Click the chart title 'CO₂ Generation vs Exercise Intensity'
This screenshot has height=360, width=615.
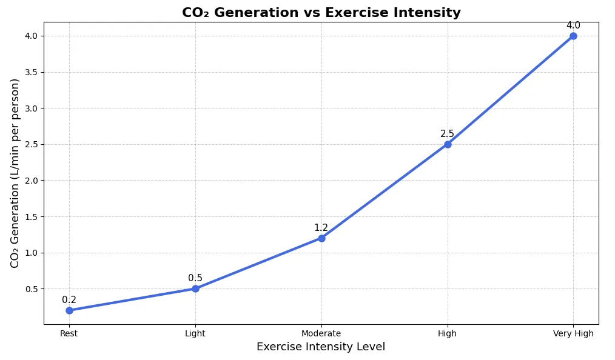click(x=321, y=13)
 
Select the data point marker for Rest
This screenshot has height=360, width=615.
click(x=69, y=310)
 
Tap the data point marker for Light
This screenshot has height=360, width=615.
click(x=195, y=288)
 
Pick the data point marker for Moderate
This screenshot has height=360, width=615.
click(x=321, y=238)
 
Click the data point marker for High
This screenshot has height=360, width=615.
click(x=448, y=144)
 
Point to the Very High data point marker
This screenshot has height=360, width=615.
click(x=573, y=36)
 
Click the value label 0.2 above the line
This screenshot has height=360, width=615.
click(x=69, y=300)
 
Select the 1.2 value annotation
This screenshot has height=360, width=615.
click(x=321, y=228)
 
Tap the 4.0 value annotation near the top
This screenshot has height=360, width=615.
click(x=573, y=25)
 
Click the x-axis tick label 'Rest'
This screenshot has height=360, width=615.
click(x=69, y=333)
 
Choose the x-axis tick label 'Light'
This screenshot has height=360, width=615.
click(x=195, y=333)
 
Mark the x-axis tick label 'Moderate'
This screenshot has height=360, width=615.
click(x=321, y=333)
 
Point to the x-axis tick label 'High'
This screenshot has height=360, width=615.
click(x=448, y=333)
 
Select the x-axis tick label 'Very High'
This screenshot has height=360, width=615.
click(x=573, y=333)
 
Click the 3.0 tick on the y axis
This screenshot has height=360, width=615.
click(x=30, y=108)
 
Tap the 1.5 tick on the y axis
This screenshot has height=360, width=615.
click(x=30, y=216)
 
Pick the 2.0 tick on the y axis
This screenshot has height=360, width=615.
click(x=30, y=181)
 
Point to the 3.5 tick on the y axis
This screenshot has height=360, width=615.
click(x=30, y=72)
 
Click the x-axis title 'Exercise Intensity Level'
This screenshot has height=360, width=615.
click(x=321, y=347)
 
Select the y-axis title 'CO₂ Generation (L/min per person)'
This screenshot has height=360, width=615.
click(x=15, y=173)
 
